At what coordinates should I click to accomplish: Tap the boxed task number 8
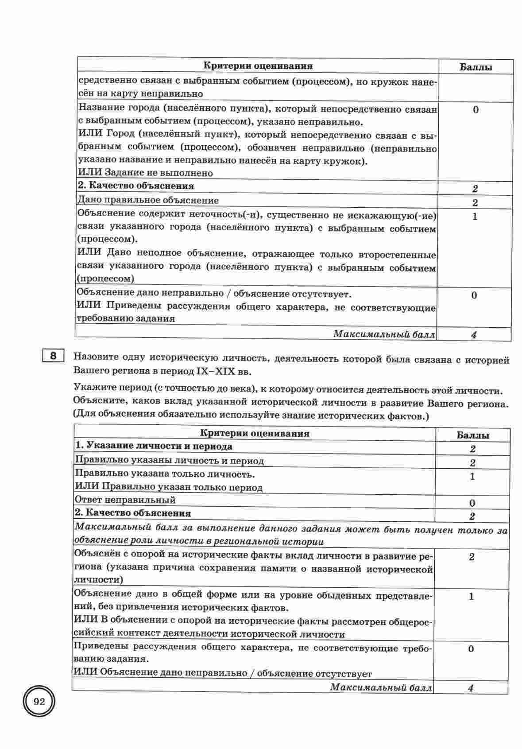(x=53, y=357)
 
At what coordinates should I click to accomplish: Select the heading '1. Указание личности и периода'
(x=154, y=446)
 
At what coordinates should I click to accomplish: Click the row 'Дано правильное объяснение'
(x=148, y=200)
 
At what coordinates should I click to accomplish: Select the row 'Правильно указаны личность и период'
(x=169, y=461)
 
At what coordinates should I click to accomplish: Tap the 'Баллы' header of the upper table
(x=476, y=67)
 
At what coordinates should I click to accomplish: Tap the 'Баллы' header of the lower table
(x=472, y=435)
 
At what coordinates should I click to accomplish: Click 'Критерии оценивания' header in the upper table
(x=258, y=66)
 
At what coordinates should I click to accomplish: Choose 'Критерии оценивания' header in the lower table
(x=255, y=433)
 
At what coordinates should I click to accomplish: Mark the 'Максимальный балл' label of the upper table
(x=384, y=334)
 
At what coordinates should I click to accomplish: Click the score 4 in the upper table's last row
(x=474, y=335)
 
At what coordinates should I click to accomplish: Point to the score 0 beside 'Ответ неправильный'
(x=472, y=503)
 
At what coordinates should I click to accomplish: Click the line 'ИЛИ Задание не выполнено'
(x=145, y=173)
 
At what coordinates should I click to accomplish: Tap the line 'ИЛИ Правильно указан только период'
(x=169, y=487)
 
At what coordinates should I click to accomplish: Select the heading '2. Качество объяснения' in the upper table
(x=136, y=186)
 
